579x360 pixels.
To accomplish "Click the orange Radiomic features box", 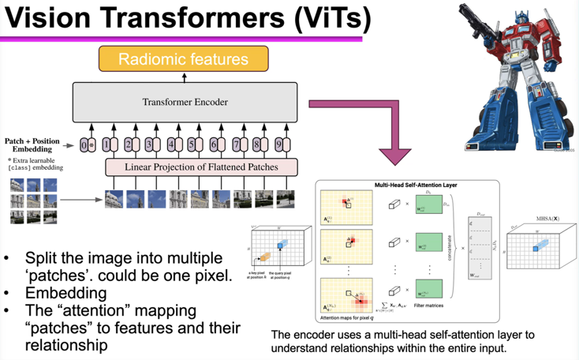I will [182, 59].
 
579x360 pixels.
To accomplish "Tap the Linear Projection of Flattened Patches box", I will [202, 167].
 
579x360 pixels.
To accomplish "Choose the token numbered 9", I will [278, 144].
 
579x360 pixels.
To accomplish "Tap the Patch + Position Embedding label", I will [32, 145].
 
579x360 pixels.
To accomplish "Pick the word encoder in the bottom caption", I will [316, 335].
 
